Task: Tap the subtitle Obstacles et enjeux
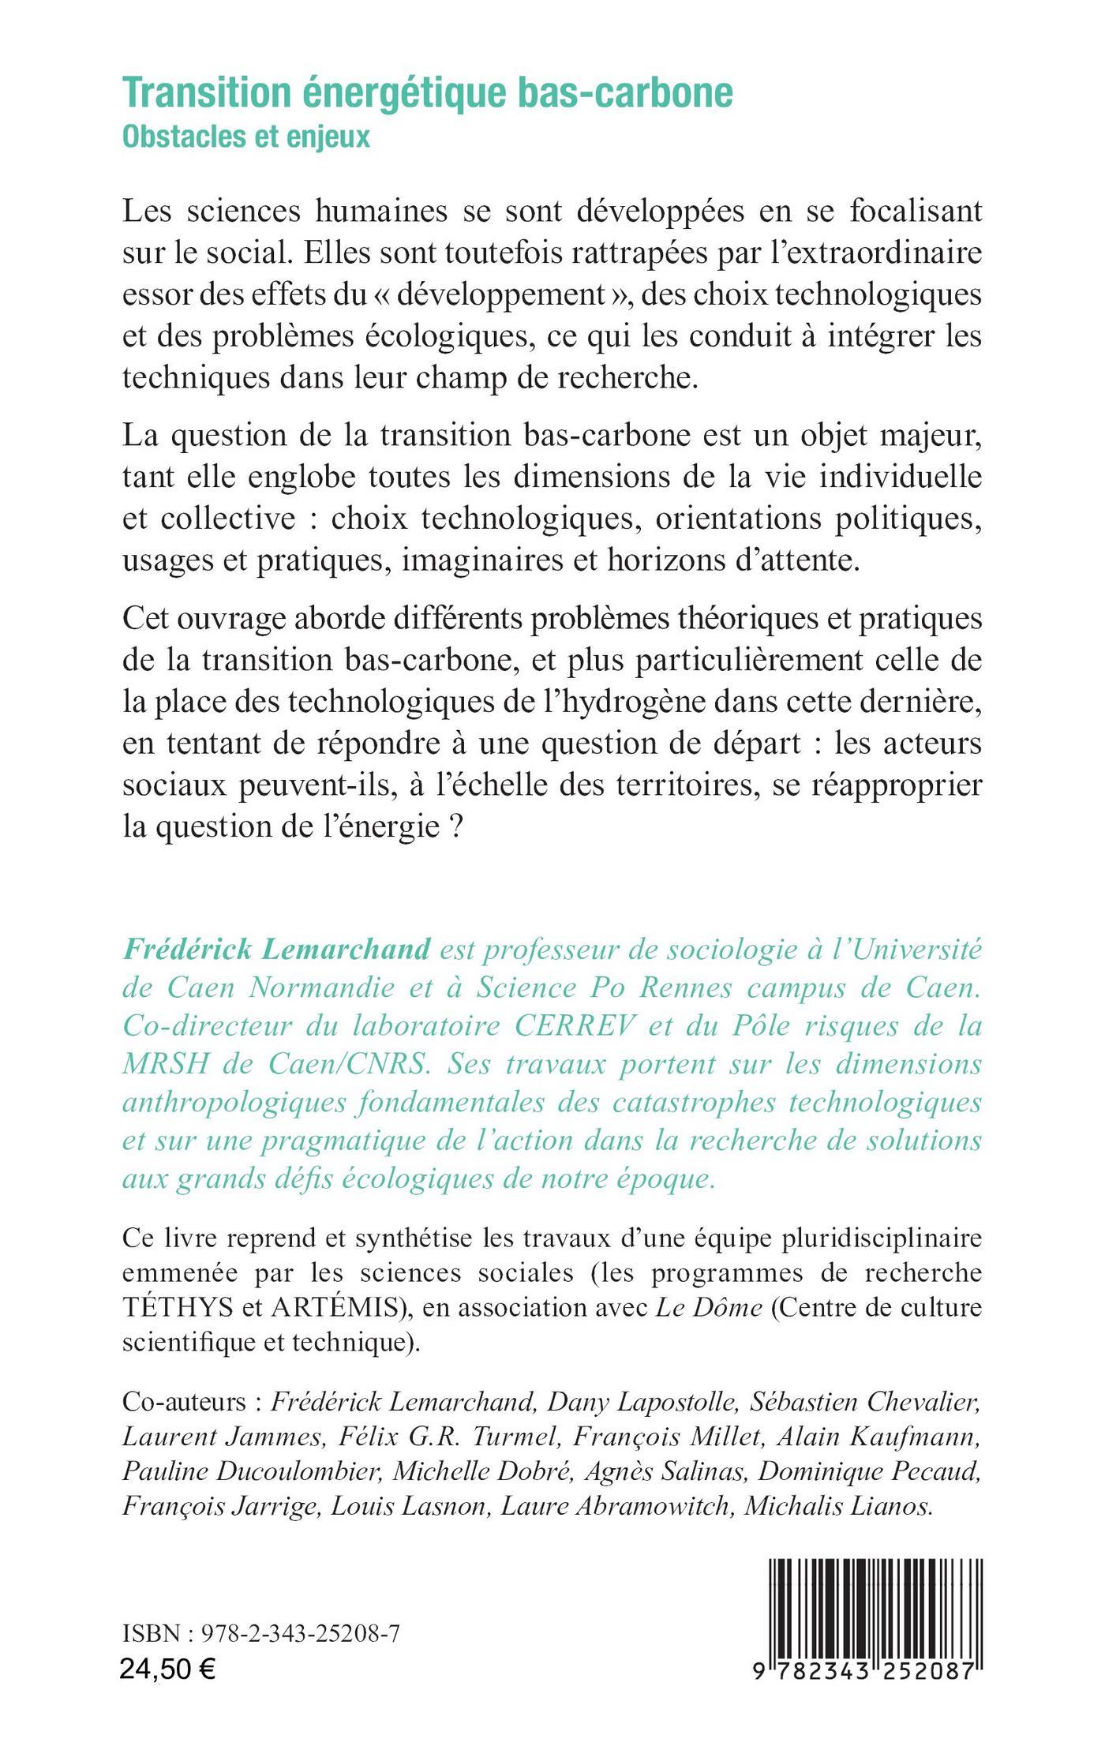[x=246, y=137]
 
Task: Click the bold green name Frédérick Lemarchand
[x=275, y=949]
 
